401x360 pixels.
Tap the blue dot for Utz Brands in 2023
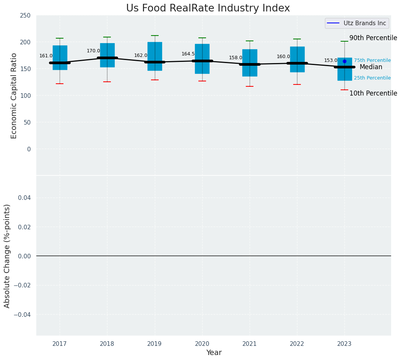click(344, 61)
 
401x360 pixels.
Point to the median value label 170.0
click(93, 51)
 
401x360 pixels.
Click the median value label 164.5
click(188, 54)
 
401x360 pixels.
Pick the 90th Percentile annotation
click(373, 38)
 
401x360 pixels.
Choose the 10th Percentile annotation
click(373, 94)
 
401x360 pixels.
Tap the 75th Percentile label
click(372, 60)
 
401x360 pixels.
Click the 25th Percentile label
click(372, 78)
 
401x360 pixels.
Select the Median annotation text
click(371, 67)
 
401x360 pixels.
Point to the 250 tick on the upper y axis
click(26, 16)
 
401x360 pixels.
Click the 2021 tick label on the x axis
click(250, 344)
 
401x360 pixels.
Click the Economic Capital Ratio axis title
click(14, 96)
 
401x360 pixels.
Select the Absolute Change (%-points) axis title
click(7, 256)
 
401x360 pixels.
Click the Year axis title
click(214, 353)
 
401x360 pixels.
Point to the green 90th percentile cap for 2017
click(60, 38)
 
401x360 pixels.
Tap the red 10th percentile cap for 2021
click(250, 86)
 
